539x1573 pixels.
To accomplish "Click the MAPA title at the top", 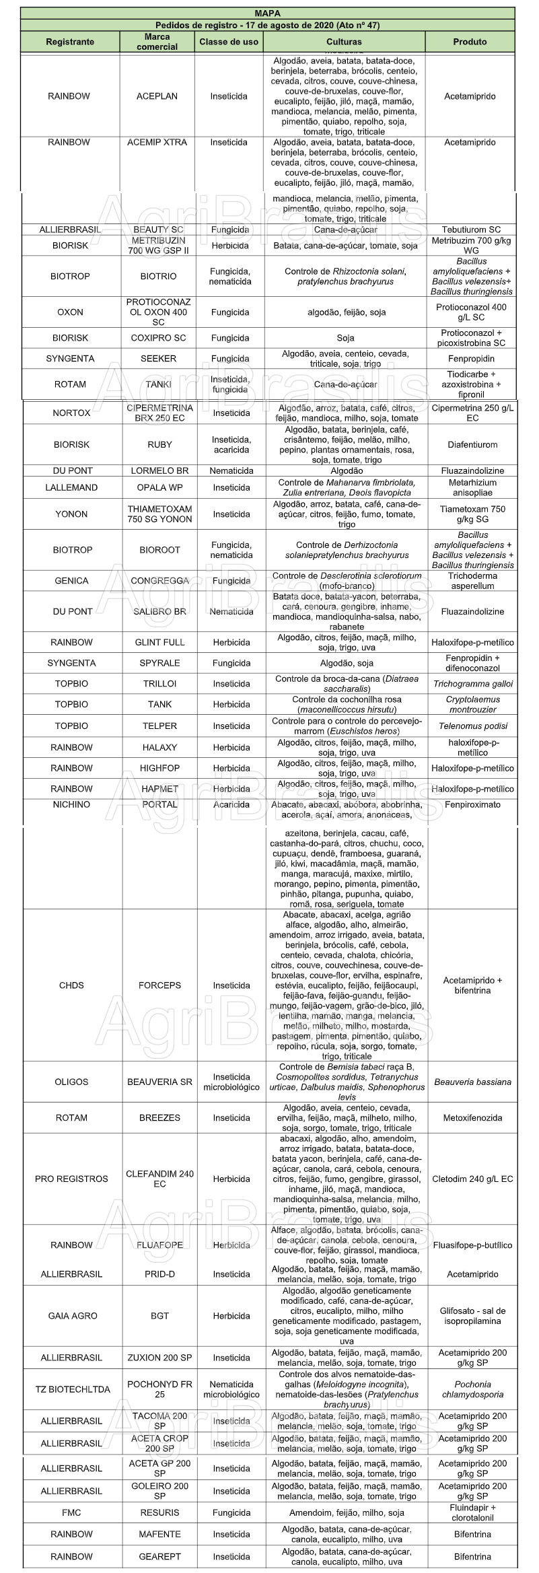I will click(x=268, y=13).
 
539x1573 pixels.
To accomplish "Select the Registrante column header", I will click(x=70, y=42).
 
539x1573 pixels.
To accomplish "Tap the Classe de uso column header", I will click(x=229, y=42).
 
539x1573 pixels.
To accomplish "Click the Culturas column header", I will click(x=345, y=42).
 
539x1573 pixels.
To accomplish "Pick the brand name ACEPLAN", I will click(x=157, y=96).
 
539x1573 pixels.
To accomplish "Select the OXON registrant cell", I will click(x=70, y=312).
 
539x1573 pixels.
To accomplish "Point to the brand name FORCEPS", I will click(x=159, y=985).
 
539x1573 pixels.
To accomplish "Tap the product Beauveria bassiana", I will click(x=472, y=1082).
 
